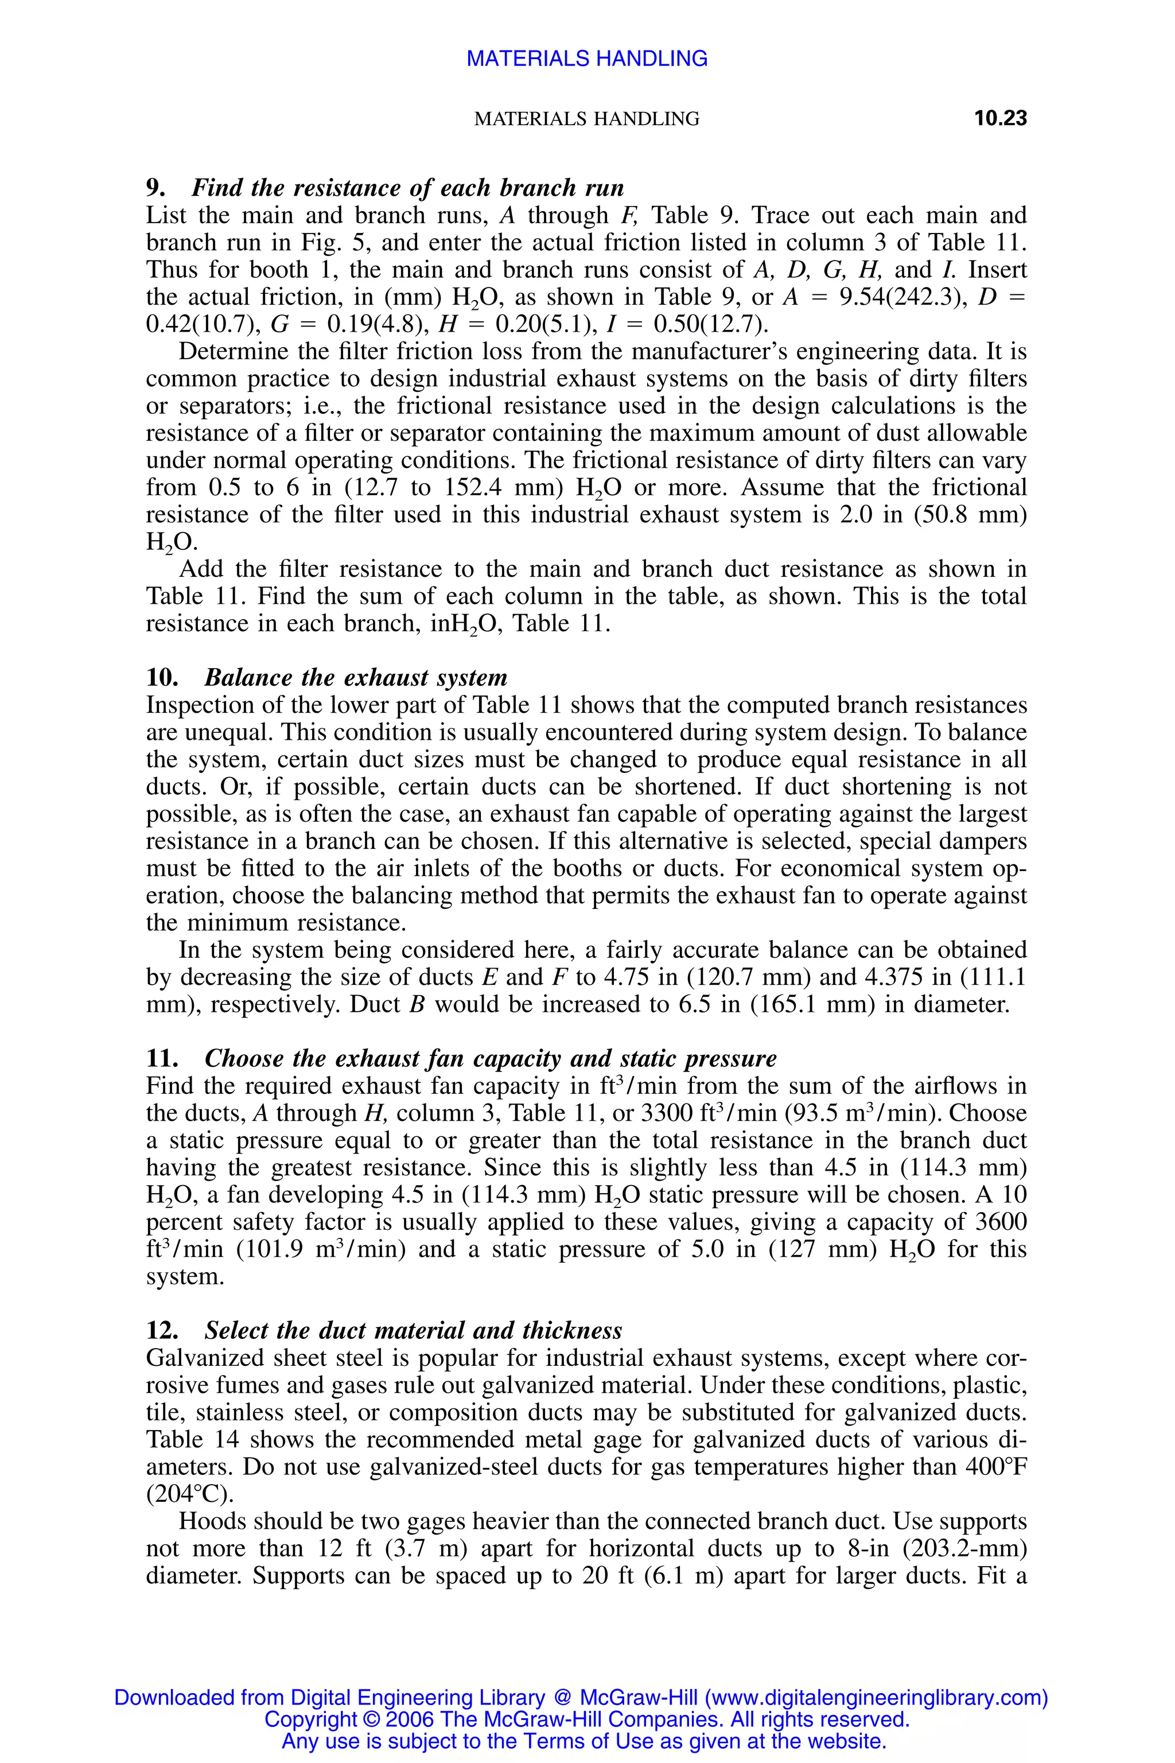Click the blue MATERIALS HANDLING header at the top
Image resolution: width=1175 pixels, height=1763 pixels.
pyautogui.click(x=587, y=59)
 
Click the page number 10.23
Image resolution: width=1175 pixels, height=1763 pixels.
pyautogui.click(x=999, y=118)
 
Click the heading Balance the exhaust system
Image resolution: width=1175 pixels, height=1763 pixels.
pyautogui.click(x=356, y=678)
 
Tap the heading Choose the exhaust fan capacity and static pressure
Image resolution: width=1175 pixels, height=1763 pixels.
pyautogui.click(x=490, y=1058)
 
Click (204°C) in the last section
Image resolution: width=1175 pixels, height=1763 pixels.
pyautogui.click(x=189, y=1494)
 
